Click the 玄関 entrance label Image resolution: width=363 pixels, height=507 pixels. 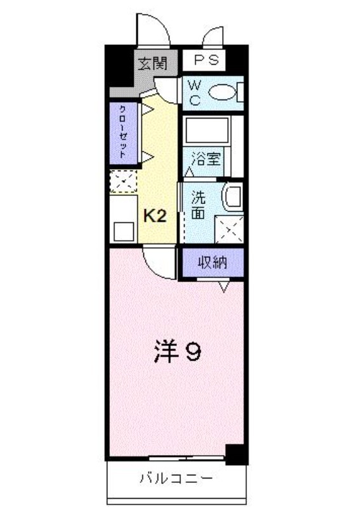(152, 64)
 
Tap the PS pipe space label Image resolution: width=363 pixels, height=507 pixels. (206, 60)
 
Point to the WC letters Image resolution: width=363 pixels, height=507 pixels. (195, 93)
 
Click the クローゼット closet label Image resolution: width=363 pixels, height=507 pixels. (123, 132)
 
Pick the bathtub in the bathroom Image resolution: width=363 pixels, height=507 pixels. (208, 130)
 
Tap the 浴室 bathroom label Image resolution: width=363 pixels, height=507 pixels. (206, 159)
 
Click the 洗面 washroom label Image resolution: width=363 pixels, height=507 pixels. (198, 205)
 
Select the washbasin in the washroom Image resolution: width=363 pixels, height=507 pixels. (232, 196)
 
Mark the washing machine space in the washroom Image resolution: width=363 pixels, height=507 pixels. (229, 229)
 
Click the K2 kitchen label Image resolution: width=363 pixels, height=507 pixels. (155, 215)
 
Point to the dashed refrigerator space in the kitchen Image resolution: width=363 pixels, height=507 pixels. (123, 181)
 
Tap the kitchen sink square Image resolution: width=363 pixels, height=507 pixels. (124, 231)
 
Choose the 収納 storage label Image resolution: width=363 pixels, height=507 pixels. (213, 262)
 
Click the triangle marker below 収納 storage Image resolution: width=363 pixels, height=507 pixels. (224, 286)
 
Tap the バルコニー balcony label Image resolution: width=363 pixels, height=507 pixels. (176, 478)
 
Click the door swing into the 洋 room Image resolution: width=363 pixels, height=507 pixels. (159, 262)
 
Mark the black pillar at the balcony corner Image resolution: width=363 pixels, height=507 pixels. (236, 454)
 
